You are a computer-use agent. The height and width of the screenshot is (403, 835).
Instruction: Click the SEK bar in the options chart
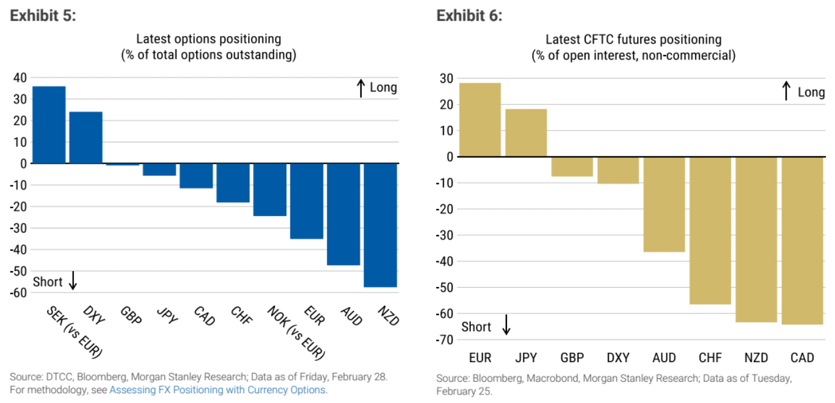(49, 125)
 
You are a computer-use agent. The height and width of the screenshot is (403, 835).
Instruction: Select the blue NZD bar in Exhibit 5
(380, 225)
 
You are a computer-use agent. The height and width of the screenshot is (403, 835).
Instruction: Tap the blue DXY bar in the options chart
(86, 137)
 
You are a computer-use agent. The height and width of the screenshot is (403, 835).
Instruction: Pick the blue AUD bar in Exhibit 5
(343, 214)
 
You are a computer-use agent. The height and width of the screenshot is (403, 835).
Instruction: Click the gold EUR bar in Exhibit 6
(480, 120)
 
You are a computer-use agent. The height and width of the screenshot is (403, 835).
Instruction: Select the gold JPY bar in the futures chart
(526, 133)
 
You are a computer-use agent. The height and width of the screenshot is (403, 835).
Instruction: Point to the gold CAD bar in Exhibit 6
(802, 240)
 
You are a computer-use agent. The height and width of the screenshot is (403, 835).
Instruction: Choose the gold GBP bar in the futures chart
(572, 166)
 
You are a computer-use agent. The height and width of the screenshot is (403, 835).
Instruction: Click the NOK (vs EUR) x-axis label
(296, 332)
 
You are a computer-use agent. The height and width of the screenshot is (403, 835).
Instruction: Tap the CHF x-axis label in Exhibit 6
(710, 358)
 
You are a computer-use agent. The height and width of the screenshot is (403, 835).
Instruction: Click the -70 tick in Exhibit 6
(443, 339)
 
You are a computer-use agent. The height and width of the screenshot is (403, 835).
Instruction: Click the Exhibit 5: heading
(43, 16)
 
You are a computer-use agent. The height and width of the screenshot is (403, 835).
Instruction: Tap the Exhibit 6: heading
(469, 16)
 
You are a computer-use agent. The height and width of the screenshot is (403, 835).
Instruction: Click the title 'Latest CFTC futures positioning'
(633, 40)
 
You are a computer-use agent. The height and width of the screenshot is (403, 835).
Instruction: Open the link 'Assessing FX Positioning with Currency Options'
(217, 390)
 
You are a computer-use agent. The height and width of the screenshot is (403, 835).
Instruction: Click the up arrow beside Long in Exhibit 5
(361, 88)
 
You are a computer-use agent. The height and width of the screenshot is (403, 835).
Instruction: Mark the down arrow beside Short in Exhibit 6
(506, 325)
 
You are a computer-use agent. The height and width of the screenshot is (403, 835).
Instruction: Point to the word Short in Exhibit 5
(48, 281)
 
